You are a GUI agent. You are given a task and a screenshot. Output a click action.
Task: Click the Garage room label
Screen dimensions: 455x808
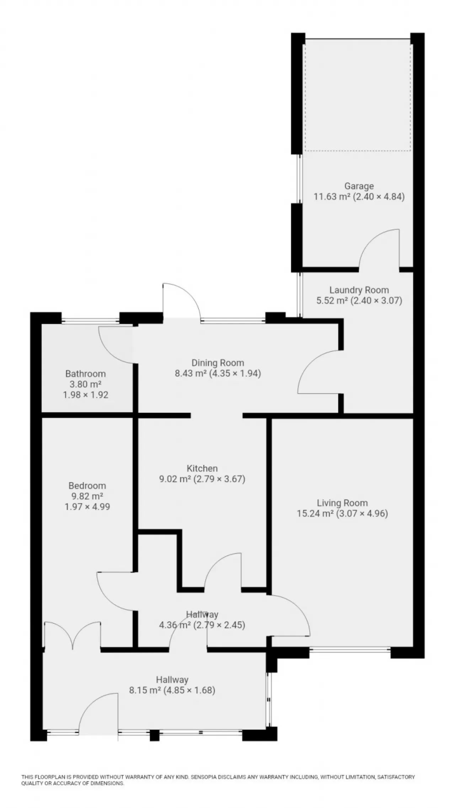point(359,186)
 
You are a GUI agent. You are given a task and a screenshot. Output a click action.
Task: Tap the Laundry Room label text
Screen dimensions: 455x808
point(359,290)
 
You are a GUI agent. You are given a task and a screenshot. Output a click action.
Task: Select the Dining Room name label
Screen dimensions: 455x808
point(218,363)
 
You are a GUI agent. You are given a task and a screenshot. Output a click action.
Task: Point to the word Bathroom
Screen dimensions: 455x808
point(86,374)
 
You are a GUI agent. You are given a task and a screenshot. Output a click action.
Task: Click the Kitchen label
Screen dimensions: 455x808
point(202,468)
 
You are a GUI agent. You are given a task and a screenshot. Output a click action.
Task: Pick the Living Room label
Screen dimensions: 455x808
point(342,503)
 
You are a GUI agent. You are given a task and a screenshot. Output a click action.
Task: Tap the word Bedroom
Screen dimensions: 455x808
point(87,486)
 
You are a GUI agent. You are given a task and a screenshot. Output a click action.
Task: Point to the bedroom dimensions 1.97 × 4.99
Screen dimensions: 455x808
point(87,507)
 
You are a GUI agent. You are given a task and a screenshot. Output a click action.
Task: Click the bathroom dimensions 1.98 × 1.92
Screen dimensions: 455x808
point(86,395)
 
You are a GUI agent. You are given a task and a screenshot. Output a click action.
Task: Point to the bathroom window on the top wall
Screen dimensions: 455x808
point(90,321)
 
